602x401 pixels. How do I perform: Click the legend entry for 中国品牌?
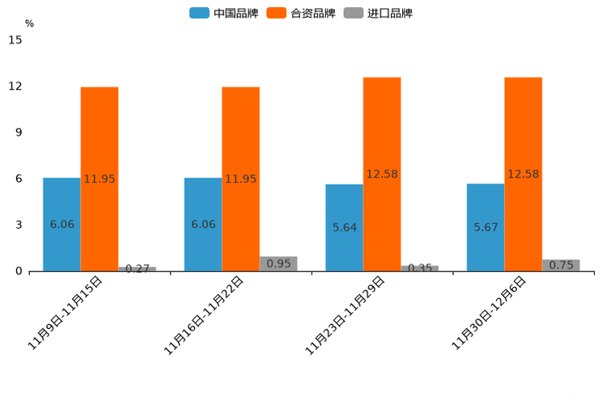224,13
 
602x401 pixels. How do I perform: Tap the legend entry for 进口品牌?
378,13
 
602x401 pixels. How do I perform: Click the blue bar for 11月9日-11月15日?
61,224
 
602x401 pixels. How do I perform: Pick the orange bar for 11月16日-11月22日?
240,179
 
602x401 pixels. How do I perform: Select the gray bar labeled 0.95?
278,264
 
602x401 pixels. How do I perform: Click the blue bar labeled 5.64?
344,227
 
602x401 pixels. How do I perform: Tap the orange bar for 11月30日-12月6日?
523,174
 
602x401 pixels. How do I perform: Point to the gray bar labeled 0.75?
561,265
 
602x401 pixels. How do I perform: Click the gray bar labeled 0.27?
137,268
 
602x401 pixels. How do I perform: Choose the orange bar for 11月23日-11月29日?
382,174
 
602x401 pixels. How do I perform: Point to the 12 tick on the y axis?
15,87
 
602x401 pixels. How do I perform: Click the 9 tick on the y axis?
19,133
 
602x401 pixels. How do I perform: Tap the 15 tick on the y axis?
15,40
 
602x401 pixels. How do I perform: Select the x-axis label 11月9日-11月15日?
66,313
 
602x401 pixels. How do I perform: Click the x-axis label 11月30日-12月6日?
490,313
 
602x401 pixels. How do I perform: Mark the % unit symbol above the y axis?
29,24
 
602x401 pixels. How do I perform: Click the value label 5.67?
485,227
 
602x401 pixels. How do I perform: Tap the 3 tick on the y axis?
19,225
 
